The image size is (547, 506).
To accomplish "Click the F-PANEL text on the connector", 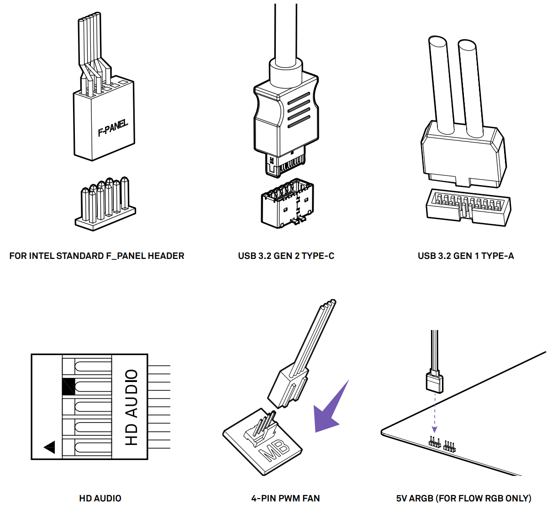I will tap(113, 128).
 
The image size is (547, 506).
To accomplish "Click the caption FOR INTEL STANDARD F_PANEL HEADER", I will tap(97, 256).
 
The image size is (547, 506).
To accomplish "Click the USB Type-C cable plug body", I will tap(286, 116).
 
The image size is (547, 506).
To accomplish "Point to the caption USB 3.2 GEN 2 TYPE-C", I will tap(286, 256).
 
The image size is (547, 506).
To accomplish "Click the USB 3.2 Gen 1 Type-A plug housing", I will tap(463, 155).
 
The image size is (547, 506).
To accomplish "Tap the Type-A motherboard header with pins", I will tap(468, 207).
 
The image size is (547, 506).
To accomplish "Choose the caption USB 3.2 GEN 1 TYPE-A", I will tap(466, 256).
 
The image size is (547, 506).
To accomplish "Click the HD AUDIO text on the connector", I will tap(131, 407).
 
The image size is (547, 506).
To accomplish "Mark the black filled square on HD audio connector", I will tap(68, 387).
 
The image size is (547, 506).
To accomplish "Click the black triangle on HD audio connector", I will tap(50, 447).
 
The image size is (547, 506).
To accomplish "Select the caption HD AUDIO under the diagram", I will tap(100, 498).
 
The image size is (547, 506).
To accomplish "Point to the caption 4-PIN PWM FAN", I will tap(285, 498).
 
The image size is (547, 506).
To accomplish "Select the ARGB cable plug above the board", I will tap(434, 382).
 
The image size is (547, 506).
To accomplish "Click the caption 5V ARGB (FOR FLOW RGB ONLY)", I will tap(463, 498).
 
